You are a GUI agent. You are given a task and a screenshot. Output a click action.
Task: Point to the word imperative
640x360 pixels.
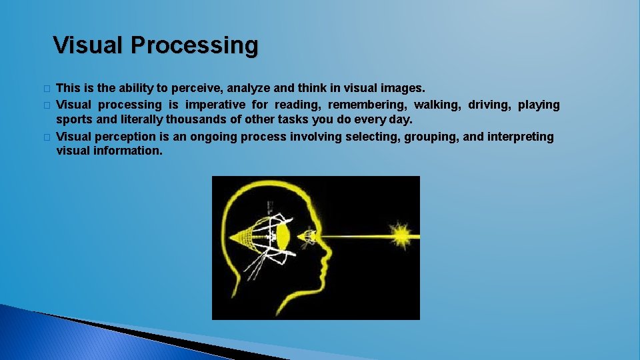(215, 105)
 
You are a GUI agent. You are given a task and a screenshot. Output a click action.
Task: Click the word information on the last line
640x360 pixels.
(127, 151)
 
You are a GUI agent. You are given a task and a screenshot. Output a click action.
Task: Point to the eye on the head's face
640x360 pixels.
(308, 236)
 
